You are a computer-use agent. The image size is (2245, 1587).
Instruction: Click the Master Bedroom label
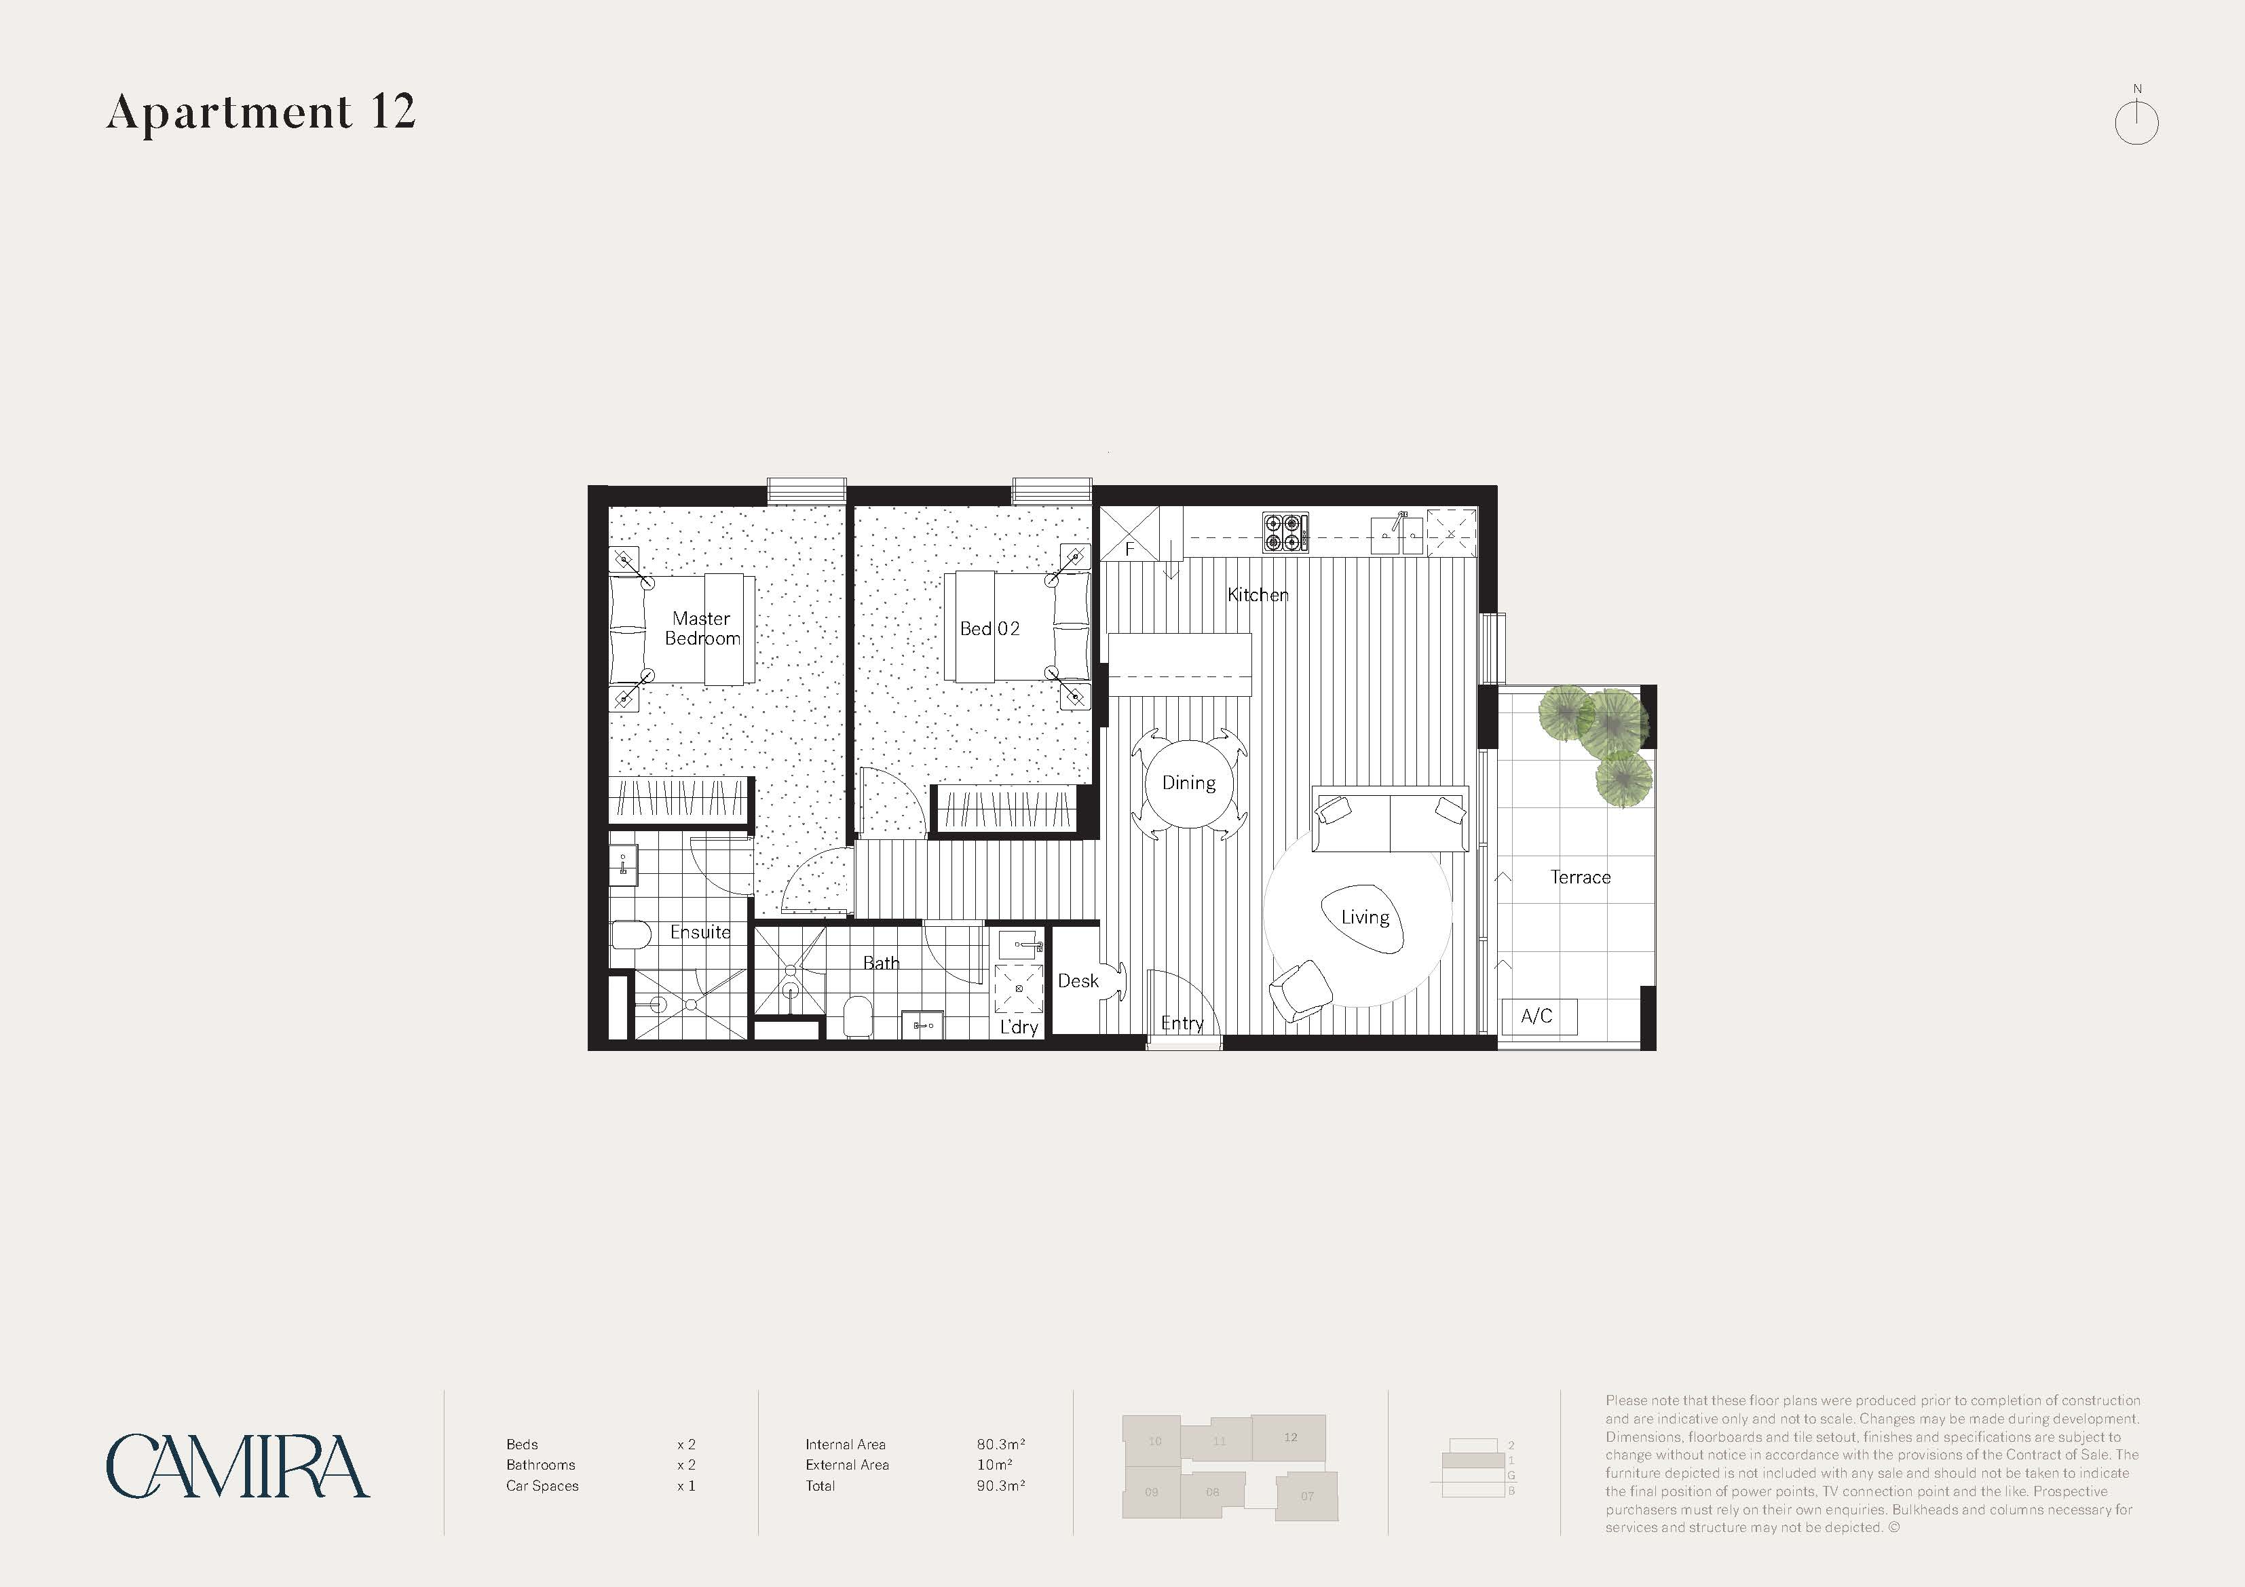[702, 628]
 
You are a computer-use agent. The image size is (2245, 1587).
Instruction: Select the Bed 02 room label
[989, 629]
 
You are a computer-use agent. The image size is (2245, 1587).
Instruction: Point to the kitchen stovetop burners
[1285, 533]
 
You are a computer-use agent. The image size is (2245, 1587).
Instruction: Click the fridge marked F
[1129, 533]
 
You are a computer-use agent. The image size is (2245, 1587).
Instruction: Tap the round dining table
[1189, 783]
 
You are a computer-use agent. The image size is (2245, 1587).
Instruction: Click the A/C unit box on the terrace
[1537, 1016]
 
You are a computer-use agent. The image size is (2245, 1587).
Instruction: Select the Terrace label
[1580, 877]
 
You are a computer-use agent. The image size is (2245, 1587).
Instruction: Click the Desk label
[1078, 980]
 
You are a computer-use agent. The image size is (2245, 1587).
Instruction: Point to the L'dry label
[1018, 1027]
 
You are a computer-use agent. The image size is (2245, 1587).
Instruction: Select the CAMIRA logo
[238, 1466]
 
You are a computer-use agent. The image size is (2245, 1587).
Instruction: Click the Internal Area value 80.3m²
[1000, 1445]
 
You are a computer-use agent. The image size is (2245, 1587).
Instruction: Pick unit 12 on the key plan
[1289, 1438]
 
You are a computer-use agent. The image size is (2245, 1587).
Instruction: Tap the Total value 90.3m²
[1000, 1485]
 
